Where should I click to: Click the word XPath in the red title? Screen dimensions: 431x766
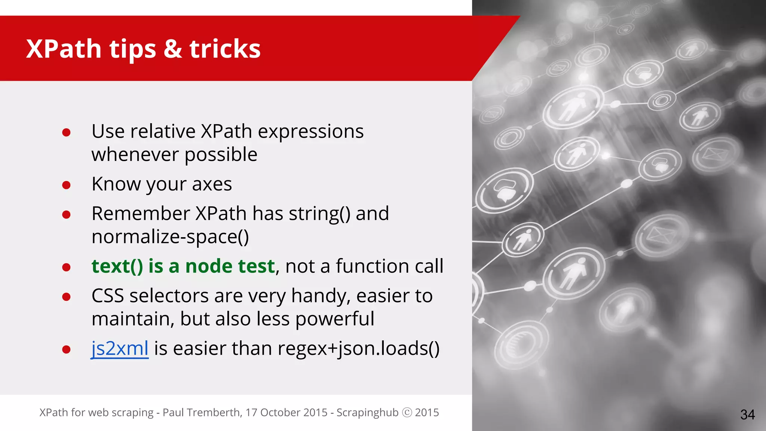pos(64,49)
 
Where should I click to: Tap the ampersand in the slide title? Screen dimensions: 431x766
pos(172,49)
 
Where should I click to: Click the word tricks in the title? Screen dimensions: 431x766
pos(225,49)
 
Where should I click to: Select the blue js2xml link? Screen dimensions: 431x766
pos(120,348)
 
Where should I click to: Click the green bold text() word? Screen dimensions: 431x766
pos(117,266)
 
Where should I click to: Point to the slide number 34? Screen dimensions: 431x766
pos(747,415)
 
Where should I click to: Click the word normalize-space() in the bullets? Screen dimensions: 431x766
pos(170,237)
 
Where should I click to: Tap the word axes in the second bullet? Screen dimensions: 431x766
pos(212,184)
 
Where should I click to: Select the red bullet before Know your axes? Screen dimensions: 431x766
pos(67,185)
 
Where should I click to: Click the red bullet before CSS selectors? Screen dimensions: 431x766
pos(67,297)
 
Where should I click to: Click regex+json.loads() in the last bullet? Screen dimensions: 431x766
pos(358,349)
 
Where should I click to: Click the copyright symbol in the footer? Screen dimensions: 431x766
pos(407,412)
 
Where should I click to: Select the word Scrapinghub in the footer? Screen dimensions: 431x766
pos(367,412)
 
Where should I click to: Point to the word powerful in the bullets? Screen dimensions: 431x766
pos(334,319)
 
